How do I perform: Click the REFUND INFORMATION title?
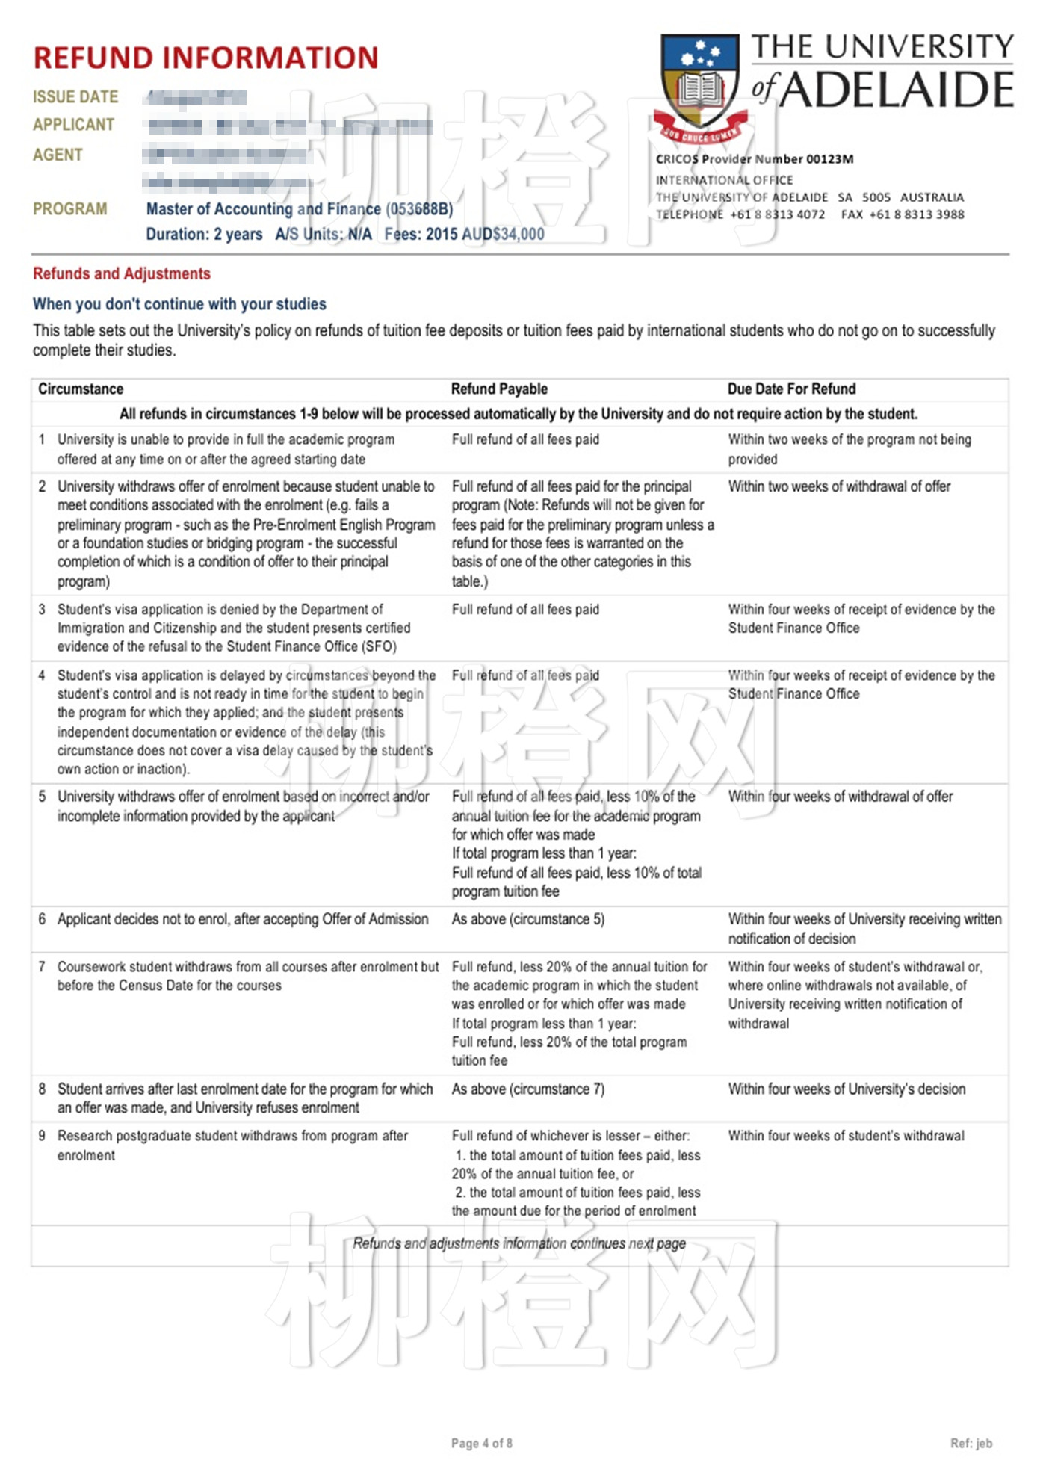pyautogui.click(x=205, y=58)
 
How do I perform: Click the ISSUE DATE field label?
pyautogui.click(x=75, y=97)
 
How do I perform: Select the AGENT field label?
pyautogui.click(x=58, y=155)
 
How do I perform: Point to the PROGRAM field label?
pyautogui.click(x=69, y=209)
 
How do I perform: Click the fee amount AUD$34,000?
pyautogui.click(x=503, y=234)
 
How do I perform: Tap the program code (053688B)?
pyautogui.click(x=419, y=209)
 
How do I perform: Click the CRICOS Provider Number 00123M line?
pyautogui.click(x=755, y=159)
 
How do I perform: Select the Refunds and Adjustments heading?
pyautogui.click(x=122, y=273)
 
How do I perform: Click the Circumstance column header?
pyautogui.click(x=81, y=389)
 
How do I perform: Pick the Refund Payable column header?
pyautogui.click(x=499, y=389)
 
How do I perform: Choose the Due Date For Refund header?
pyautogui.click(x=791, y=389)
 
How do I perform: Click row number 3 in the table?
pyautogui.click(x=42, y=609)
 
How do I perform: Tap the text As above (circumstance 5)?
pyautogui.click(x=527, y=919)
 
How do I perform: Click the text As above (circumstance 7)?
pyautogui.click(x=527, y=1089)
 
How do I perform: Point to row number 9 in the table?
pyautogui.click(x=42, y=1136)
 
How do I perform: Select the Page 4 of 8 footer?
pyautogui.click(x=481, y=1443)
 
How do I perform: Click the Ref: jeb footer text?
pyautogui.click(x=971, y=1443)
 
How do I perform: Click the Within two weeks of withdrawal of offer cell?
pyautogui.click(x=839, y=486)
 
